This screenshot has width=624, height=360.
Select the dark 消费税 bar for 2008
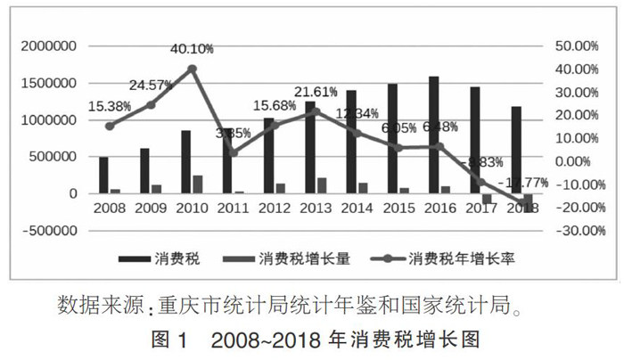(x=103, y=176)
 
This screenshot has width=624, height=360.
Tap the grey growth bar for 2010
(x=197, y=184)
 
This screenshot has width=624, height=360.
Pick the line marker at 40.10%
(x=192, y=69)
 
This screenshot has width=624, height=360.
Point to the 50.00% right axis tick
(x=577, y=45)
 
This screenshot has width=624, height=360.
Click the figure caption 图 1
(x=175, y=340)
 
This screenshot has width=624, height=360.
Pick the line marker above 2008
(x=110, y=126)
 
